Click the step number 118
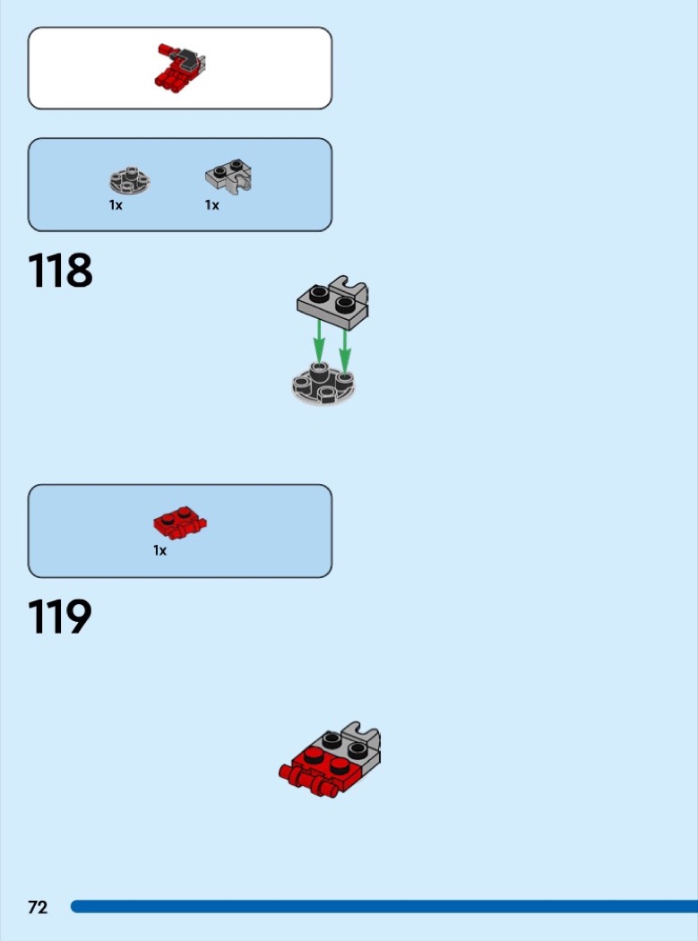[60, 271]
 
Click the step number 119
[60, 617]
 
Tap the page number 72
[38, 907]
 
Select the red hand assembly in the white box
[180, 67]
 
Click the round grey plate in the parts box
[130, 180]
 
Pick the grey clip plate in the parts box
[228, 176]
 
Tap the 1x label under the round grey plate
[116, 205]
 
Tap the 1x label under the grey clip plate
[211, 205]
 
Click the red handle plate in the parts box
[180, 523]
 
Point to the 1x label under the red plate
[159, 550]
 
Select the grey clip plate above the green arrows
[333, 303]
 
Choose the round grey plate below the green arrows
[323, 384]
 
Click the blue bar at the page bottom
[384, 906]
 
